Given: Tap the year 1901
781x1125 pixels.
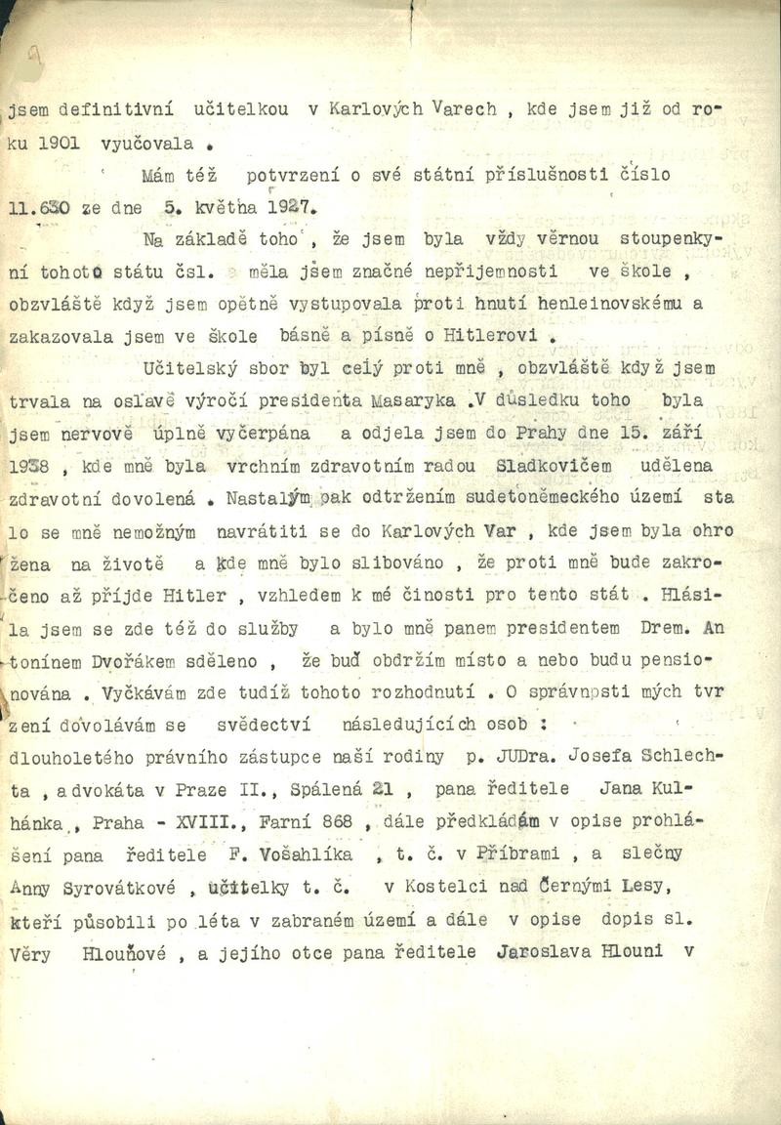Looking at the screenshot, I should coord(59,144).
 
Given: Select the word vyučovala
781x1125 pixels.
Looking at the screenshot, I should coord(146,144).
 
